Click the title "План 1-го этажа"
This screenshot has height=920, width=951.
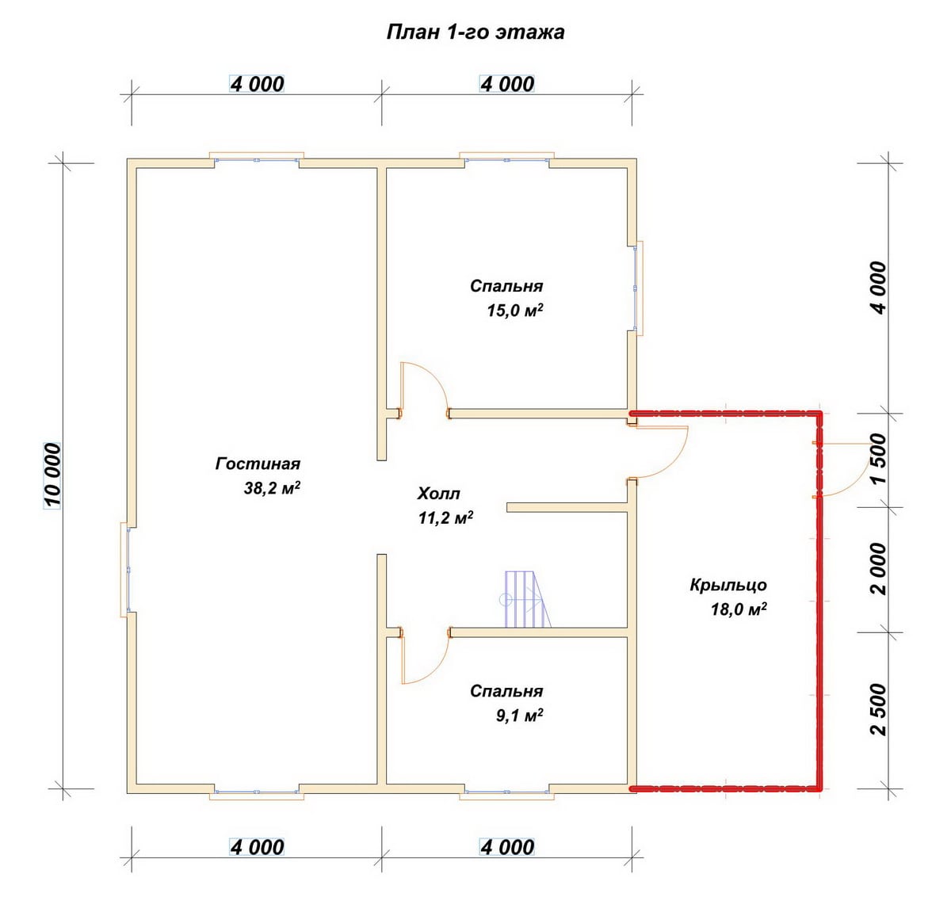[475, 32]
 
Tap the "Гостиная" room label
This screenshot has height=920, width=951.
[258, 464]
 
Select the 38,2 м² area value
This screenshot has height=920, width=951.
[272, 487]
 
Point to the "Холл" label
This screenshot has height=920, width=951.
[438, 494]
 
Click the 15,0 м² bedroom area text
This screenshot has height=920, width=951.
[515, 311]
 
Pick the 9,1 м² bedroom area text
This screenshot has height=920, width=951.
[519, 716]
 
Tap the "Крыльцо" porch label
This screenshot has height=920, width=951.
[728, 585]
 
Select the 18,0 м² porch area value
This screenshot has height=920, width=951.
[739, 609]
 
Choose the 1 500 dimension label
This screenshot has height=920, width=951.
[878, 458]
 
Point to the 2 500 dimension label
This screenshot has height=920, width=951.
[878, 709]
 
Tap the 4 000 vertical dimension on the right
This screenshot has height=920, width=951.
[878, 288]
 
